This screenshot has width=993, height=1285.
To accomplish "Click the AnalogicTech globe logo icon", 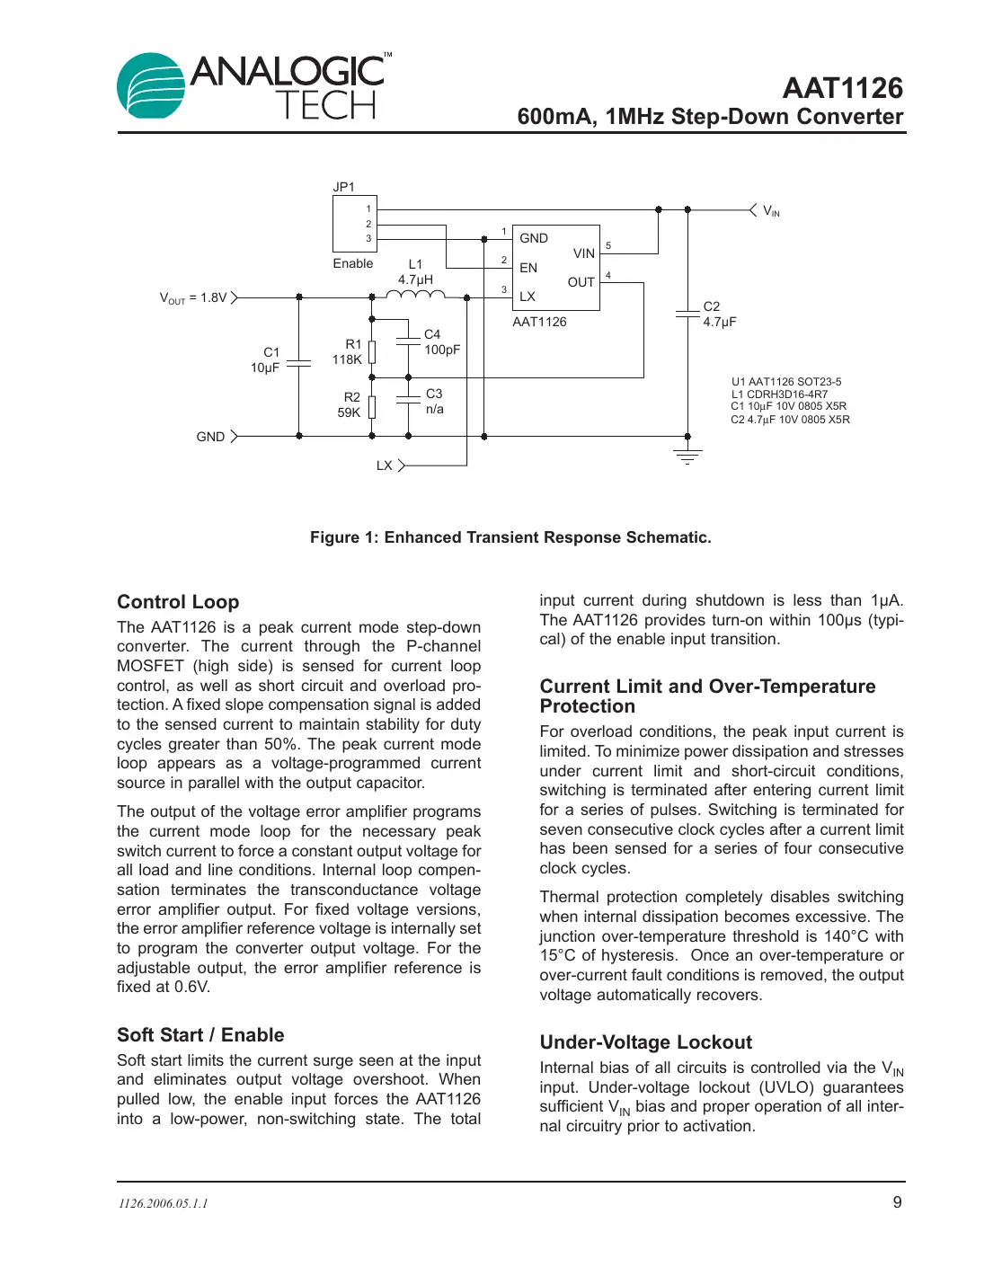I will tap(150, 86).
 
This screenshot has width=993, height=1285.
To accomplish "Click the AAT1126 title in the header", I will tap(842, 88).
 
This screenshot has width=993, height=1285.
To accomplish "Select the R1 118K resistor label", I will tap(348, 351).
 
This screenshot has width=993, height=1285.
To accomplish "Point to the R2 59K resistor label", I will tap(350, 404).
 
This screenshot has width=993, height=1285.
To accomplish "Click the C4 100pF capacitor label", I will tap(441, 341).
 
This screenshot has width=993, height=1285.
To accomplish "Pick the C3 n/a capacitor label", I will tap(434, 401).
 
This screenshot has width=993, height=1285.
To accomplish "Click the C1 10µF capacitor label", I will tap(266, 359).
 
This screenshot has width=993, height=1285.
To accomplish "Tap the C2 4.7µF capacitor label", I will tap(719, 314).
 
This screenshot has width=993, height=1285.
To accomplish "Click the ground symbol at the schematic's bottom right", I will tap(687, 456).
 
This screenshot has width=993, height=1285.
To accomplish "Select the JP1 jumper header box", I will tap(354, 224).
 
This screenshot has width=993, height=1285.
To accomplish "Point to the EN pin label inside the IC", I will tap(528, 268).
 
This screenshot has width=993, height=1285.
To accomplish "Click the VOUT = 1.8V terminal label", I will tap(193, 297).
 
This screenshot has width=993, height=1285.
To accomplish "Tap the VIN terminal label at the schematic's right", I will tap(771, 211).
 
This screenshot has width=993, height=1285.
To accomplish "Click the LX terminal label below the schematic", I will tap(385, 465).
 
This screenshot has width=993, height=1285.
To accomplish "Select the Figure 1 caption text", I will tap(510, 537).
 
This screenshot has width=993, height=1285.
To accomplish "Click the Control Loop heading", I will tap(178, 602).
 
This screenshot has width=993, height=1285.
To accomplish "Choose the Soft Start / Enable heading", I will tap(200, 1035).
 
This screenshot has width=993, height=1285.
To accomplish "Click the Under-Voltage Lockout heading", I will tap(645, 1042).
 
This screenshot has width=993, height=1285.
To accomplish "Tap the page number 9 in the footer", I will tap(897, 1202).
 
